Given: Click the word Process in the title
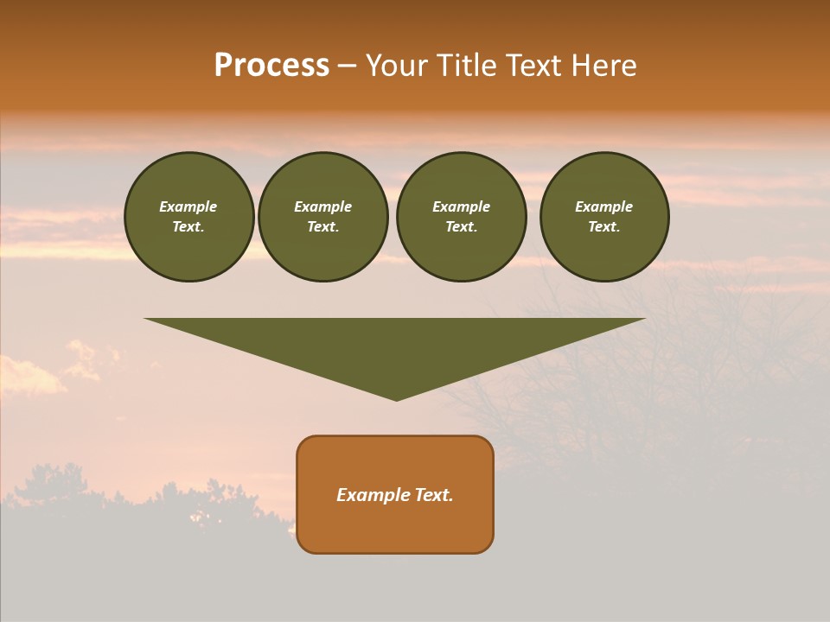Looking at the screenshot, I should [271, 66].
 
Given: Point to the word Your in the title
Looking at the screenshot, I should [398, 66].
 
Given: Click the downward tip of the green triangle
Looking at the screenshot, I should [396, 397].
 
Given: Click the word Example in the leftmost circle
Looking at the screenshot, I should [188, 206].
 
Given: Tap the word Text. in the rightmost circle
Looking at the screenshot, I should [604, 226].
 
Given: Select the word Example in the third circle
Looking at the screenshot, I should [461, 206].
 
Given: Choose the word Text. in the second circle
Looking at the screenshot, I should [322, 226].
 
